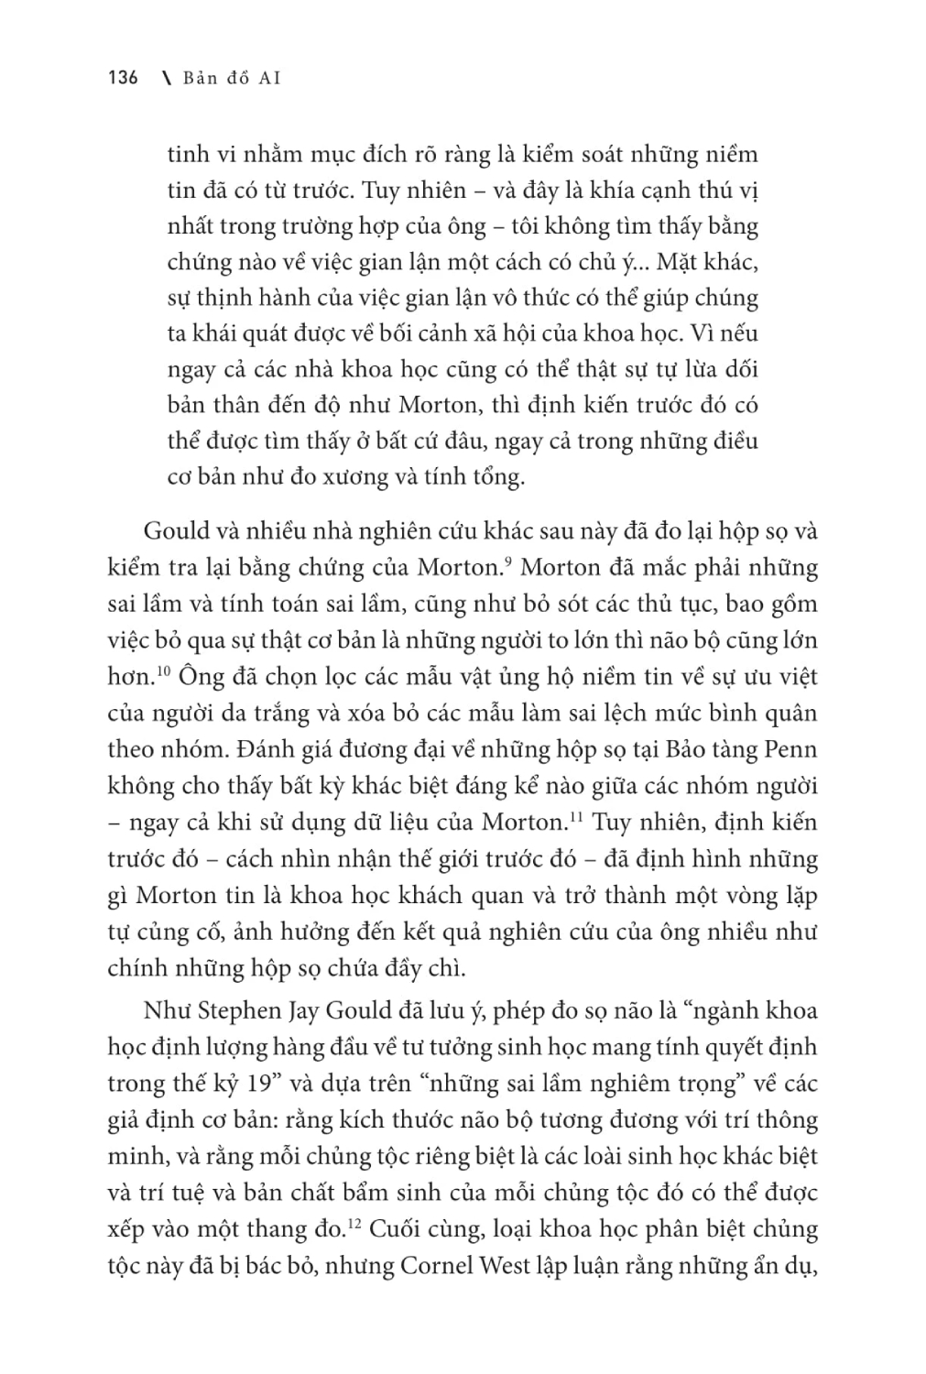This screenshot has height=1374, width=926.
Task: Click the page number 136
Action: coord(122,78)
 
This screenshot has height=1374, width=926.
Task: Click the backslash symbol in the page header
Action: coord(165,78)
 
